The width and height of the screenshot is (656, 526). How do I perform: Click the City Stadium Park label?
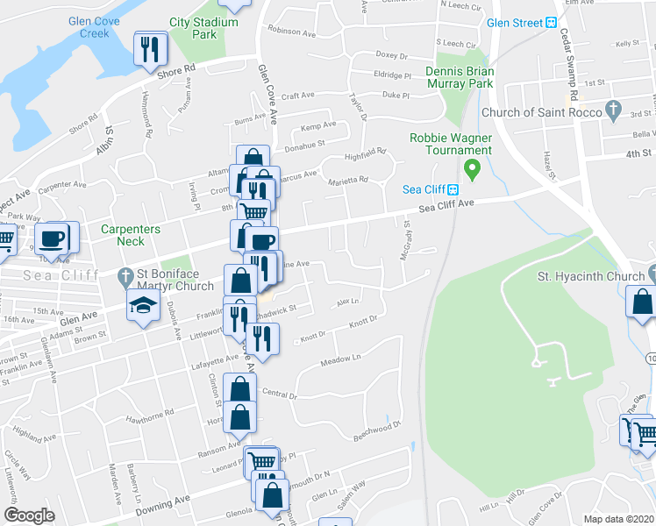tap(205, 27)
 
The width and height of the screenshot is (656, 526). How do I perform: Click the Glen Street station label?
tap(515, 23)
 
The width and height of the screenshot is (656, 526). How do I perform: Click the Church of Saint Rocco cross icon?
tap(614, 111)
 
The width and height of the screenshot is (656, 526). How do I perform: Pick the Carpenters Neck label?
tap(130, 235)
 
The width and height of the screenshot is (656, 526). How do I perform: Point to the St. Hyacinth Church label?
tap(590, 277)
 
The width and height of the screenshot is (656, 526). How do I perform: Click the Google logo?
tap(30, 515)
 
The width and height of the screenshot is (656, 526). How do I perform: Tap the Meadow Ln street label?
tap(340, 359)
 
